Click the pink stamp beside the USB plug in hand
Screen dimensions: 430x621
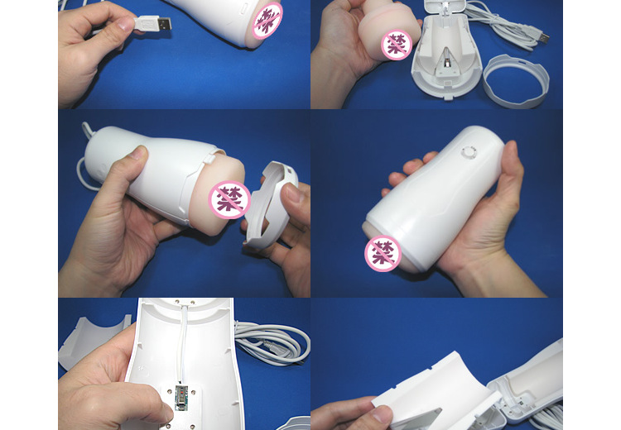pyautogui.click(x=267, y=20)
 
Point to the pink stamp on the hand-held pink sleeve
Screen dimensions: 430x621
pyautogui.click(x=397, y=44)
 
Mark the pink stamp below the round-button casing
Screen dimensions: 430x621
pyautogui.click(x=383, y=254)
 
